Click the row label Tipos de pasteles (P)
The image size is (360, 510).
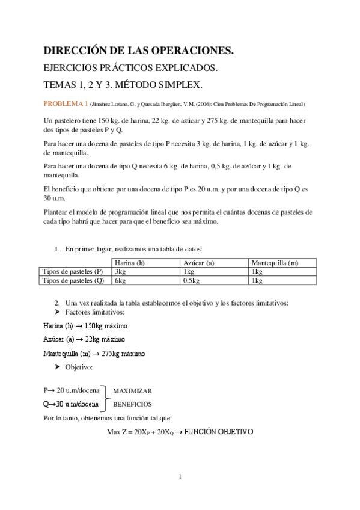(75, 271)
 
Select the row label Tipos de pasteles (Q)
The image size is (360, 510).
(75, 280)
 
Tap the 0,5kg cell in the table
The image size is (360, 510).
(191, 280)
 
